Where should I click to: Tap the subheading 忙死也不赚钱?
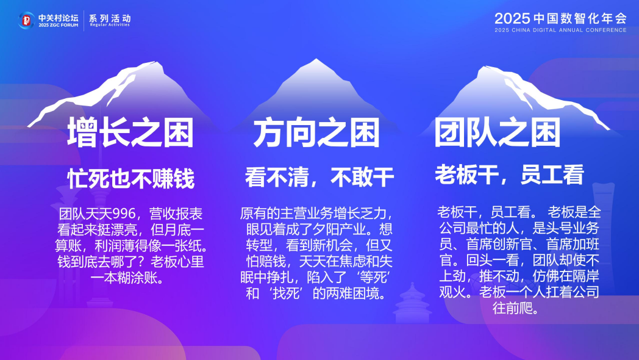130,179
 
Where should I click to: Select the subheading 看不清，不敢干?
319,178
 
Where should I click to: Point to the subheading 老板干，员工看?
509,175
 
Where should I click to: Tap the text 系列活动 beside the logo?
110,18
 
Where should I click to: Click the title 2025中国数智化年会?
560,18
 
